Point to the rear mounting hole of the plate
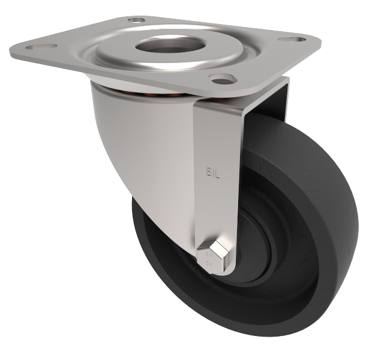point(137,20)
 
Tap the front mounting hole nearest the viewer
point(223,78)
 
